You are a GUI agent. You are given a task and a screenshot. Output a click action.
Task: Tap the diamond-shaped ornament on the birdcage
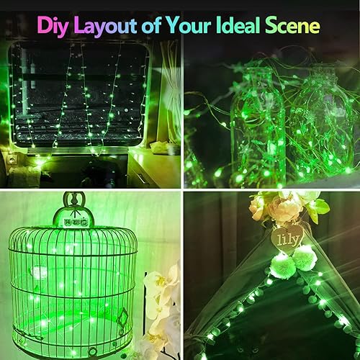[122, 316]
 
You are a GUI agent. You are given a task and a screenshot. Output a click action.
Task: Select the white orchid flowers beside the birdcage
[160, 302]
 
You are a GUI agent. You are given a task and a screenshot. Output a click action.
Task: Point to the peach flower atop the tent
[285, 209]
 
